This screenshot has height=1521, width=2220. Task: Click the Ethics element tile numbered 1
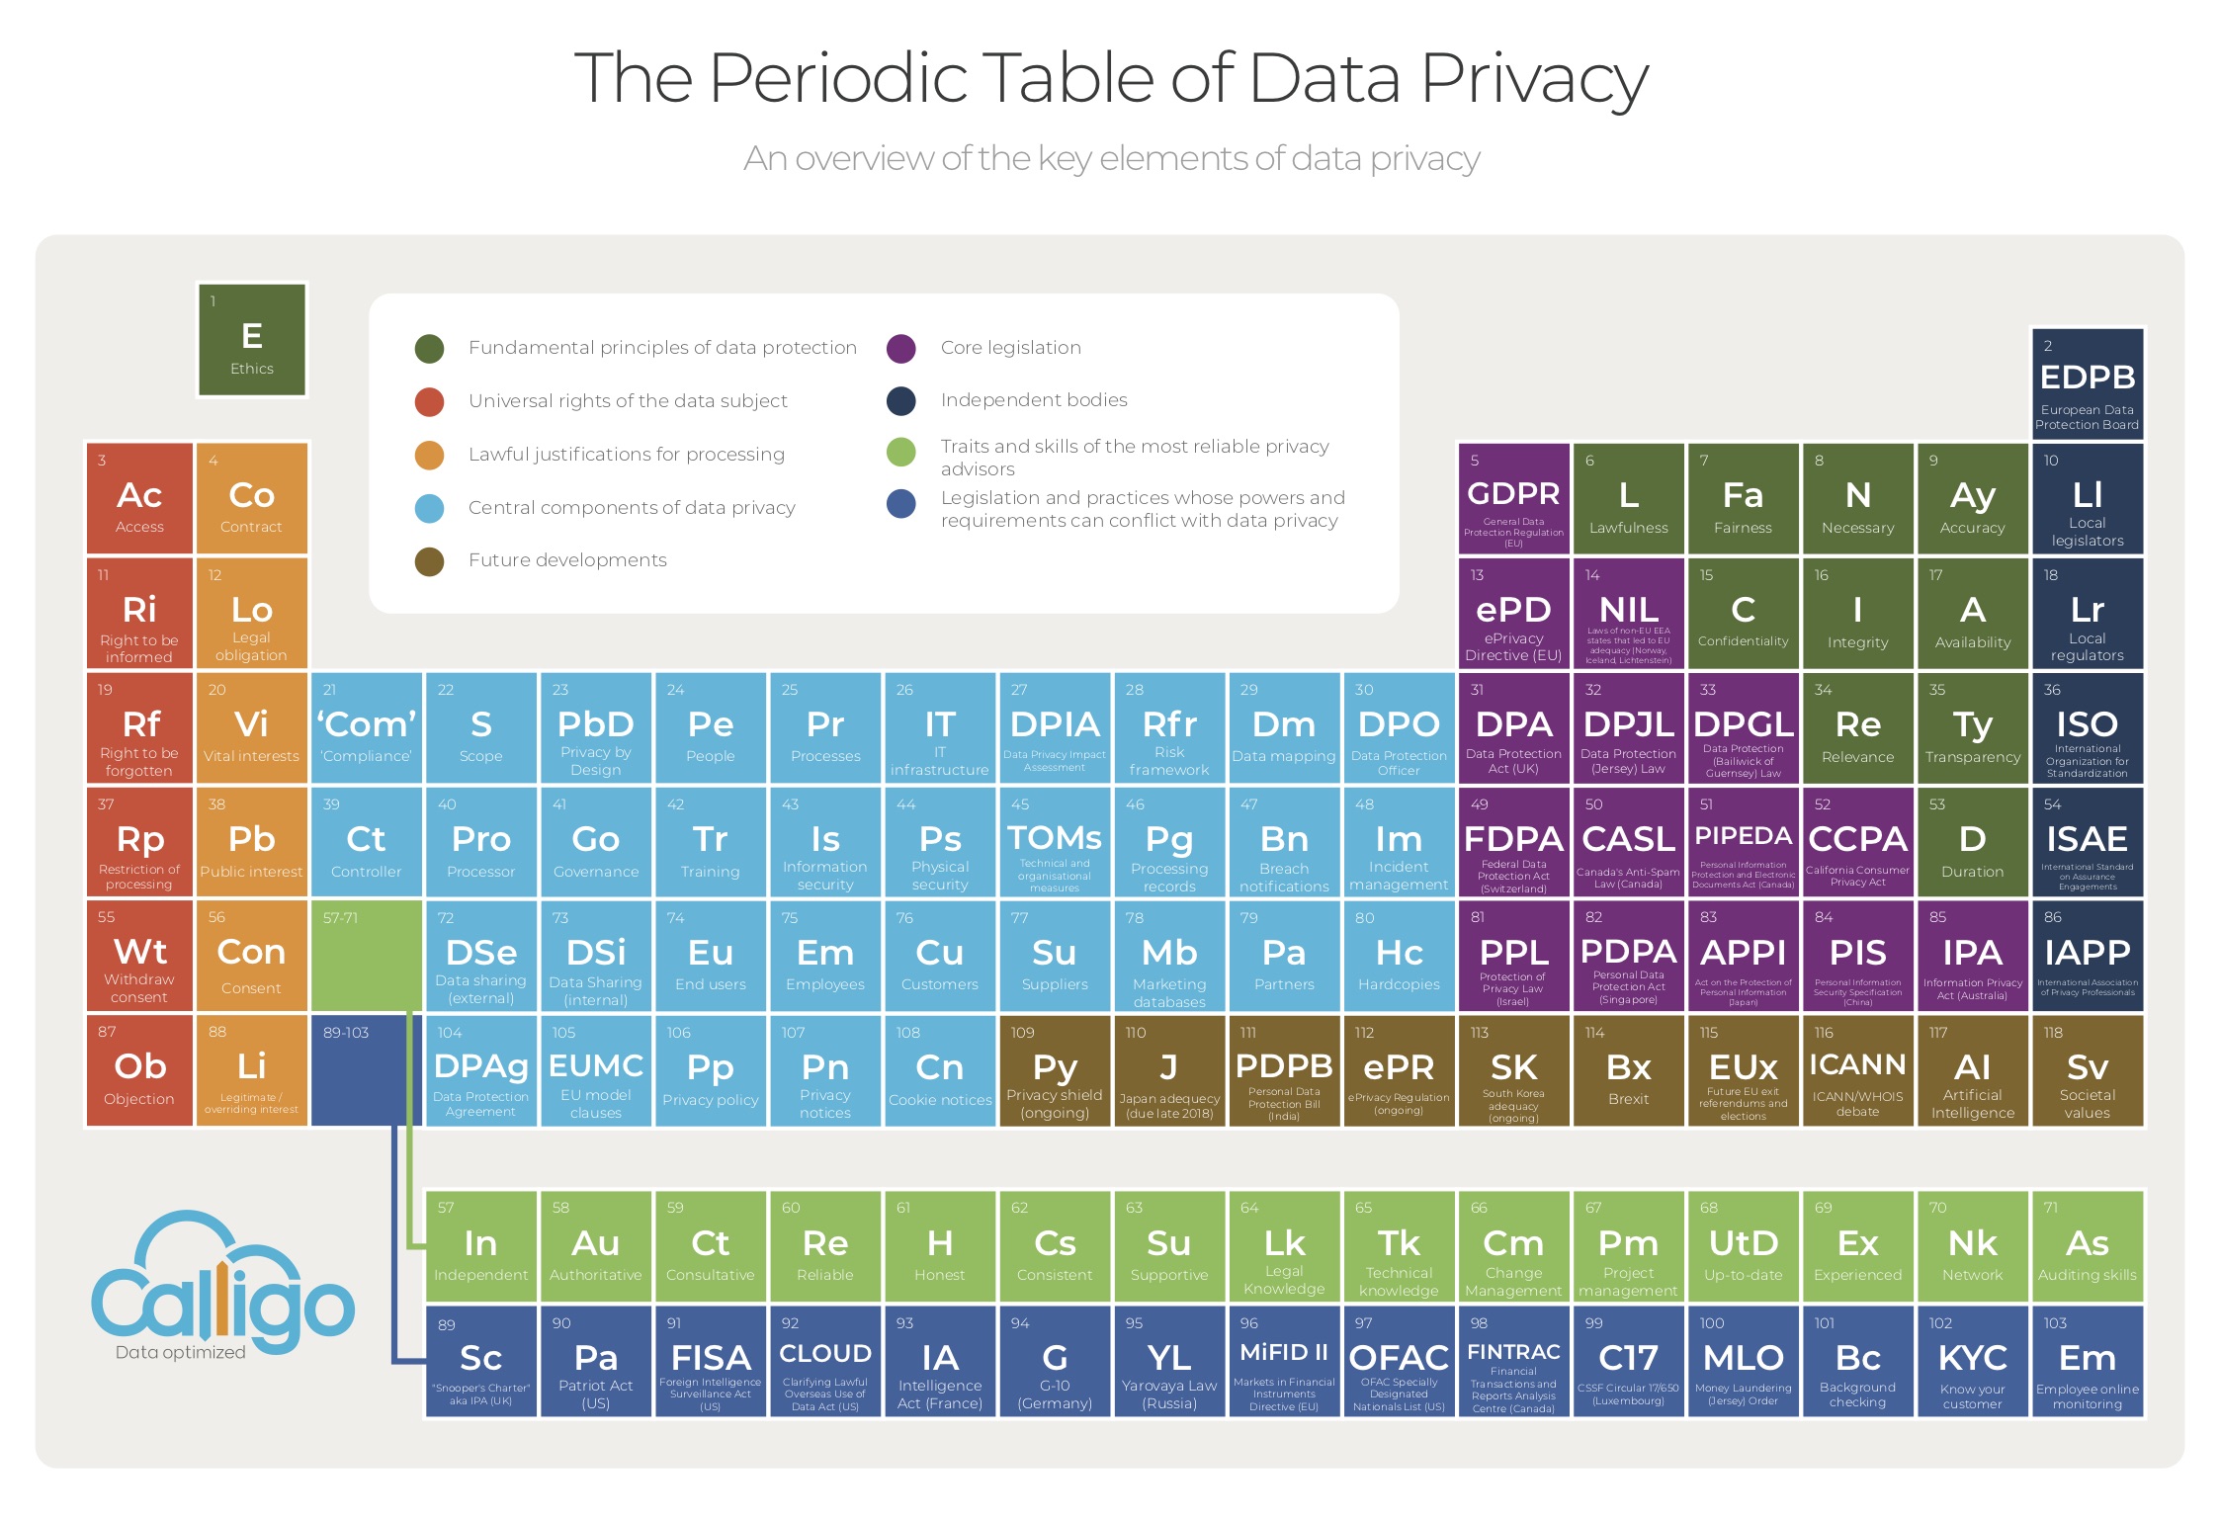pyautogui.click(x=252, y=339)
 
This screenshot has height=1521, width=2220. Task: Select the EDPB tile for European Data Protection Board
pyautogui.click(x=2087, y=383)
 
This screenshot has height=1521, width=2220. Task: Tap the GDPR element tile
pyautogui.click(x=1513, y=498)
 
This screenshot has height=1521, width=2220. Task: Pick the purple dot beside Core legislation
pyautogui.click(x=900, y=348)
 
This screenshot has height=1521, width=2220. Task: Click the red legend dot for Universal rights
pyautogui.click(x=429, y=401)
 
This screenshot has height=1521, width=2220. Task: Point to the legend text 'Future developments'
pyautogui.click(x=567, y=560)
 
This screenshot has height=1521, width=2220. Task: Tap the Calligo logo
pyautogui.click(x=222, y=1285)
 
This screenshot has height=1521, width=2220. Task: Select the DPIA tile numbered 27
pyautogui.click(x=1055, y=727)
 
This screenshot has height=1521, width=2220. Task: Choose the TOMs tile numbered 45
pyautogui.click(x=1055, y=842)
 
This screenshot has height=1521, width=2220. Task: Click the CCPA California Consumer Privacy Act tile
pyautogui.click(x=1857, y=842)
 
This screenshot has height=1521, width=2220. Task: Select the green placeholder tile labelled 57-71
pyautogui.click(x=366, y=955)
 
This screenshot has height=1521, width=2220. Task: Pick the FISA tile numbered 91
pyautogui.click(x=710, y=1362)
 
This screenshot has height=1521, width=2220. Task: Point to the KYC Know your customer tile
pyautogui.click(x=1972, y=1362)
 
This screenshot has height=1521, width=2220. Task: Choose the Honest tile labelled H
pyautogui.click(x=939, y=1246)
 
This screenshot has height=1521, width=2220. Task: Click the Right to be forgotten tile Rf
pyautogui.click(x=139, y=727)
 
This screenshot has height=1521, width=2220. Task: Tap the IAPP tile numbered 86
pyautogui.click(x=2087, y=956)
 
